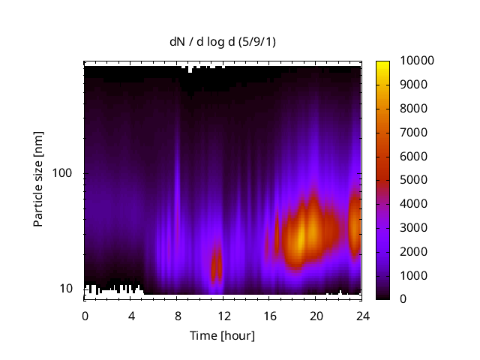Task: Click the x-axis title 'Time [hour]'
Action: [x=223, y=335]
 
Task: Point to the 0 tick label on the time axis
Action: [x=85, y=315]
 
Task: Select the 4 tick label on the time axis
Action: [x=131, y=315]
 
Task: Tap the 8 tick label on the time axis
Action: [x=177, y=315]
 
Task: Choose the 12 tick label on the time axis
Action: [x=223, y=315]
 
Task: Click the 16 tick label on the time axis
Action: [x=269, y=315]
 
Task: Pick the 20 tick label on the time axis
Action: [x=316, y=315]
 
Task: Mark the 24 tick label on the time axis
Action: [x=361, y=315]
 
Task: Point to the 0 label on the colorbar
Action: [x=404, y=299]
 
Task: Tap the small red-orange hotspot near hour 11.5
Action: [x=217, y=266]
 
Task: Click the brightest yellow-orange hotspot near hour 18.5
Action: [x=301, y=238]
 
